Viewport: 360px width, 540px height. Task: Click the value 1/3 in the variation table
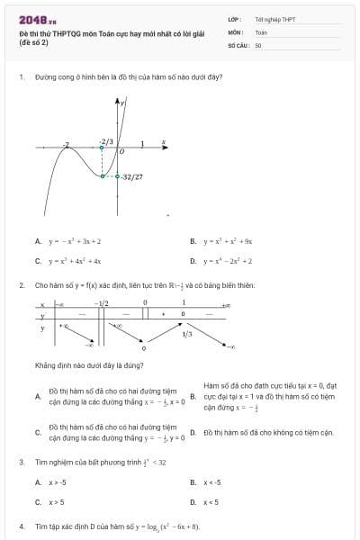pos(186,334)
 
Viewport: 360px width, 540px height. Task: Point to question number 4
pos(21,526)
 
